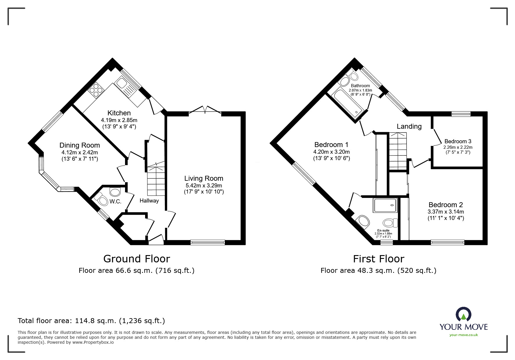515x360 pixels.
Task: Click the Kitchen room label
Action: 119,113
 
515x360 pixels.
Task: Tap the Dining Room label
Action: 80,145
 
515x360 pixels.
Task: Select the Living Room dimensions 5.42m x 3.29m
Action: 204,185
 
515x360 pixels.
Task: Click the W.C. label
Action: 115,202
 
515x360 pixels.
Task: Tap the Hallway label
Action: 149,200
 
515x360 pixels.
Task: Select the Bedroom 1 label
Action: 331,145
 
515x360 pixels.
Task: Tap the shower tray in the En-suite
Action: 385,205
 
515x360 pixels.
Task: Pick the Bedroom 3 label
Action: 458,142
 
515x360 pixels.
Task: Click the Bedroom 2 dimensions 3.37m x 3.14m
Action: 445,212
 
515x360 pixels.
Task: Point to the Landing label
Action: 409,126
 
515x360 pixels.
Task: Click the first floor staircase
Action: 398,151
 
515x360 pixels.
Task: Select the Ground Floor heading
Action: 137,259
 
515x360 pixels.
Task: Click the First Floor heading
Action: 379,259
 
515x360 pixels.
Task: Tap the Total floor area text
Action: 91,321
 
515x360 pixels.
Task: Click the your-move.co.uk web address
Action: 464,335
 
